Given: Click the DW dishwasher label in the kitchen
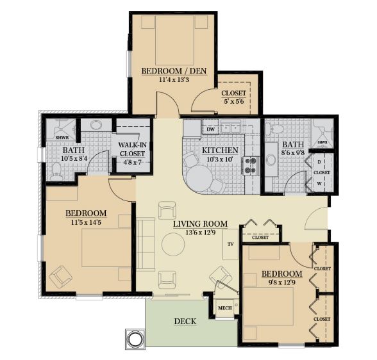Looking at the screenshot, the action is pos(210,129).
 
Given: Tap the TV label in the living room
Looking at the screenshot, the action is pos(231,244).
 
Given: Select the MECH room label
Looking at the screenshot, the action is pos(225,308).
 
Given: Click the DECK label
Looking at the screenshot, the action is pos(185,322).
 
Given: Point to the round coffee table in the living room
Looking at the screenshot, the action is pos(173,245).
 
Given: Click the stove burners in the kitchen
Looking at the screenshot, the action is pos(250,165).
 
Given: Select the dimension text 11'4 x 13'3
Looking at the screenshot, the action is pos(174,79).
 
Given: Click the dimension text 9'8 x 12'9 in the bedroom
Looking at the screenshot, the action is pos(282,282).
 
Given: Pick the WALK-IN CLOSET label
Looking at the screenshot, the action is pos(132,149).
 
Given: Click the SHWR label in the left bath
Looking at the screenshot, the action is pos(62,138).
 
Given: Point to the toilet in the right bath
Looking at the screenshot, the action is pos(275,129).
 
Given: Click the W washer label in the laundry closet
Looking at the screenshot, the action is pos(319,184).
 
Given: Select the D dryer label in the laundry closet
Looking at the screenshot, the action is pos(319,162).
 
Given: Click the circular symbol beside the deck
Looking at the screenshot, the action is pos(135,339).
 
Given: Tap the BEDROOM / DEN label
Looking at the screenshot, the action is pos(174,71).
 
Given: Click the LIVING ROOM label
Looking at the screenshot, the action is pos(201,224).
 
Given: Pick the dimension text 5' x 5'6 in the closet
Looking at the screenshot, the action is pos(234,101).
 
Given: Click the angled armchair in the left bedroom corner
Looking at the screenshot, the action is pos(60,277).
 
